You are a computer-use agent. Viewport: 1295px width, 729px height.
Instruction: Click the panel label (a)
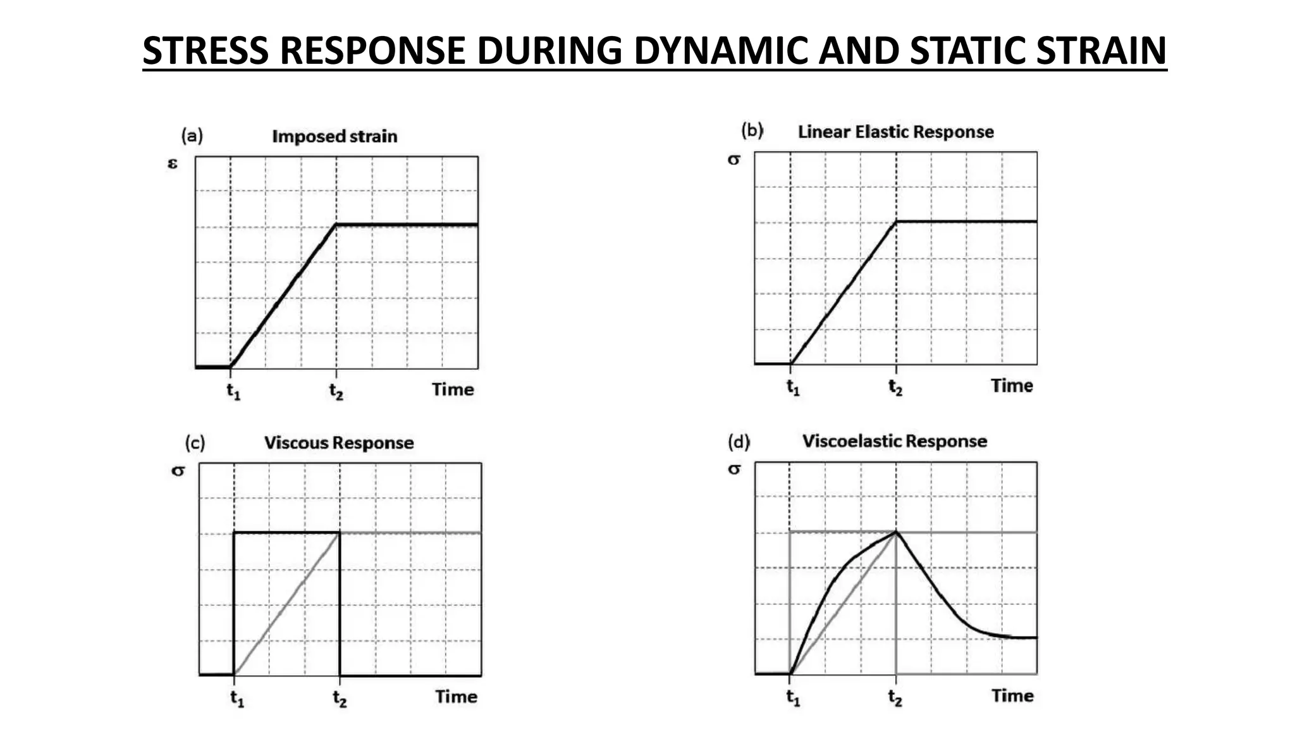pyautogui.click(x=192, y=135)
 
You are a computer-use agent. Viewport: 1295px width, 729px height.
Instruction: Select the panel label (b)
pyautogui.click(x=752, y=130)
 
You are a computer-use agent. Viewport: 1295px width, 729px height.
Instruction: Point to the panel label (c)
pyautogui.click(x=195, y=442)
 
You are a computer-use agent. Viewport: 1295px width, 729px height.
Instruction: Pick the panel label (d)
pyautogui.click(x=739, y=441)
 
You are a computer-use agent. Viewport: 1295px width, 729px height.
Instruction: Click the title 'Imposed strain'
pyautogui.click(x=334, y=136)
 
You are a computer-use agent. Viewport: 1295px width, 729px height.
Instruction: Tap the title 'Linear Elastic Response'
pyautogui.click(x=895, y=132)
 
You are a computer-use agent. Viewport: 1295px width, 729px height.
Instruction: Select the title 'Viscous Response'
pyautogui.click(x=339, y=442)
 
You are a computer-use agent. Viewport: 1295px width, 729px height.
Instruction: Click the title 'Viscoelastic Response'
pyautogui.click(x=895, y=440)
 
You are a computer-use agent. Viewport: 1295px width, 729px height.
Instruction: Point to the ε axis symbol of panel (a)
pyautogui.click(x=173, y=163)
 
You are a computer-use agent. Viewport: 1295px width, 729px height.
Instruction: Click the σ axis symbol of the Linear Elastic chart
pyautogui.click(x=733, y=159)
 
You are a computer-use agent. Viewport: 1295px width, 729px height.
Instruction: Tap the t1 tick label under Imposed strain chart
pyautogui.click(x=233, y=390)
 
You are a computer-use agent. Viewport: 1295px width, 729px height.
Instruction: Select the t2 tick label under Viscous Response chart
pyautogui.click(x=340, y=698)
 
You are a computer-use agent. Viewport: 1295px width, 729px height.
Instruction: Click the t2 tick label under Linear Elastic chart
pyautogui.click(x=895, y=387)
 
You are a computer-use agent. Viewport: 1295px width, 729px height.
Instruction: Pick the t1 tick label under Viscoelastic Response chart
pyautogui.click(x=793, y=697)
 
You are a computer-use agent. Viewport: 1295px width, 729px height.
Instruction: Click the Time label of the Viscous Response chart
pyautogui.click(x=456, y=697)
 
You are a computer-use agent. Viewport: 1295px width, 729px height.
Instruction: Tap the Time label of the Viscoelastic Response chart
pyautogui.click(x=1012, y=695)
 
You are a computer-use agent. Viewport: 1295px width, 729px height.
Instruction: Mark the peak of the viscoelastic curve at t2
pyautogui.click(x=896, y=532)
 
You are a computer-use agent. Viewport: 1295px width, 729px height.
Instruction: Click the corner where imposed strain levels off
pyautogui.click(x=336, y=224)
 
